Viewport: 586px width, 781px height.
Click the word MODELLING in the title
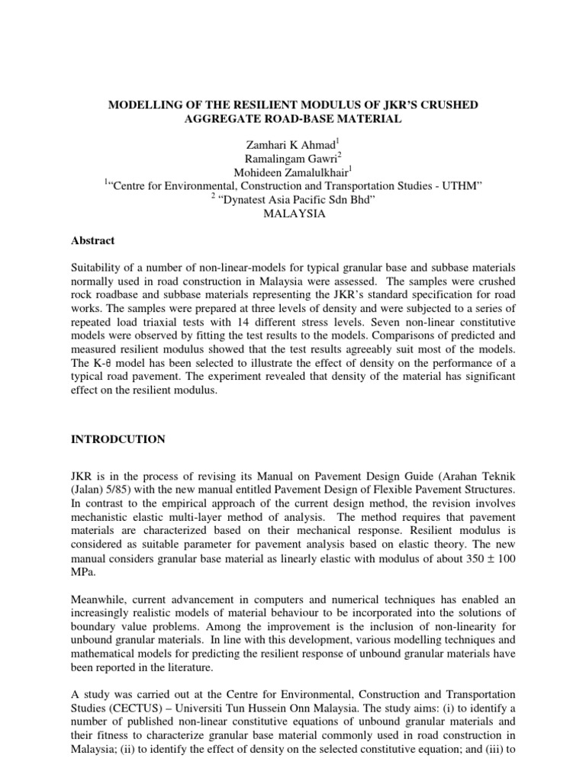coord(141,104)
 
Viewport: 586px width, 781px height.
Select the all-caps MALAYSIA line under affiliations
coord(294,214)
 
